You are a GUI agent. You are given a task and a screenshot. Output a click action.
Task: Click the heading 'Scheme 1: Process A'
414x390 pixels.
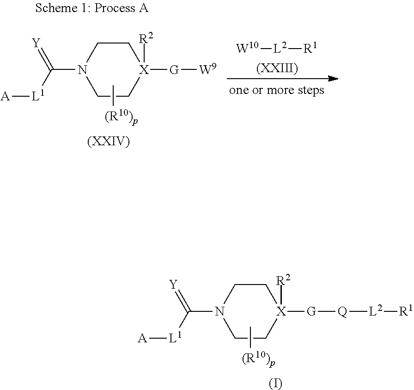coord(91,9)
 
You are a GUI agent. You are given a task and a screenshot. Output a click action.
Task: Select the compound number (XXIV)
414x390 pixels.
coord(109,142)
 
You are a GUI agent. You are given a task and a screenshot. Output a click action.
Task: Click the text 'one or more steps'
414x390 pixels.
coord(277,90)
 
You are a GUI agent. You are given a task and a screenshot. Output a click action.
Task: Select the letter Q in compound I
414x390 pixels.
coord(342,312)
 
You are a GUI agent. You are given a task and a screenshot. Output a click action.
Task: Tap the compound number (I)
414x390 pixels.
coord(275,383)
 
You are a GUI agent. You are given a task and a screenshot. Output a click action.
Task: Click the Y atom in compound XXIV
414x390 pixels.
coord(36,43)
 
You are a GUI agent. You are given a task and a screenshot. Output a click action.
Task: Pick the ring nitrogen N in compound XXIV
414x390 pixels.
coord(83,71)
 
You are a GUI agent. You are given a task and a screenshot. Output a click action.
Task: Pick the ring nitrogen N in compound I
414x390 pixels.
coord(219,312)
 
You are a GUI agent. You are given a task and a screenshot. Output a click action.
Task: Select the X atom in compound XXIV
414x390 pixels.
coord(145,71)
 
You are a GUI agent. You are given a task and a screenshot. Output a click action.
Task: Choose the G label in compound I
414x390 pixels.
coord(311,312)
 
